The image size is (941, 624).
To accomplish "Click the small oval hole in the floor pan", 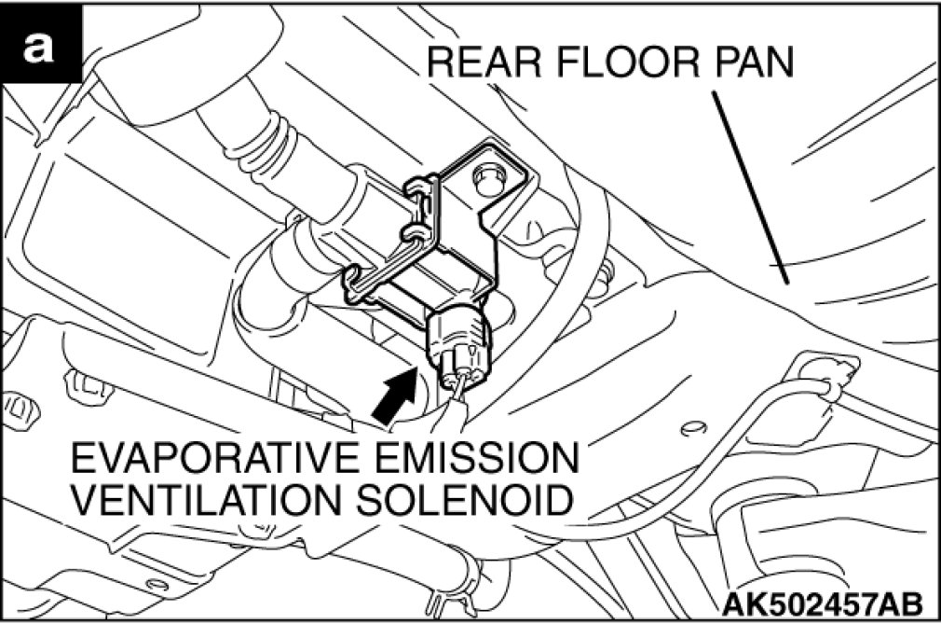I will [x=692, y=428].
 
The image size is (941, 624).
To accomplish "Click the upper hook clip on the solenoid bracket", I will [x=419, y=186].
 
